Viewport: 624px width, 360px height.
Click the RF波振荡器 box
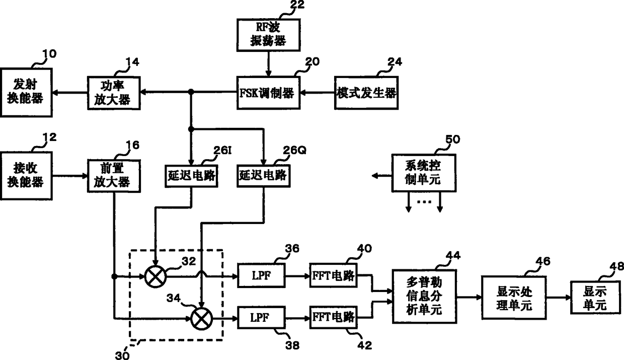[x=268, y=35]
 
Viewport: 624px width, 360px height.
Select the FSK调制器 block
[x=268, y=93]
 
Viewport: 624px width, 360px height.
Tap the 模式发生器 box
[x=366, y=93]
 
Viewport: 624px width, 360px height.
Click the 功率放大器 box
[x=114, y=93]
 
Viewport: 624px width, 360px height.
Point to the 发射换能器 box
[x=26, y=93]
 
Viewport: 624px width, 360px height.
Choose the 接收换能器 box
[x=26, y=176]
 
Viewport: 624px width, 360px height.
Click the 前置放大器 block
[x=114, y=176]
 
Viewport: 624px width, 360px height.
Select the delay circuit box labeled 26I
[x=191, y=176]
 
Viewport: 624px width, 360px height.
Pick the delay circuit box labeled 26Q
[x=264, y=176]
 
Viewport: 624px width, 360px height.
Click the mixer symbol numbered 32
[x=155, y=276]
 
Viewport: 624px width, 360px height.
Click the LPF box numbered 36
[x=261, y=275]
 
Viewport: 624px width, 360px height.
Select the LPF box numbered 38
[x=261, y=317]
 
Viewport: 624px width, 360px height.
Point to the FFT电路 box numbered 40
[x=333, y=275]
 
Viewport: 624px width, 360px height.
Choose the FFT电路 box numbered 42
[x=333, y=317]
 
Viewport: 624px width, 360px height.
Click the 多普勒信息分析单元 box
[x=424, y=297]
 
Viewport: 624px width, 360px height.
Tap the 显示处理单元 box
[x=514, y=298]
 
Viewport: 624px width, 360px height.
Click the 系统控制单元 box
[x=424, y=173]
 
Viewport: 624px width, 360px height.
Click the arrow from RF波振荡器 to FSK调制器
[x=268, y=64]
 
